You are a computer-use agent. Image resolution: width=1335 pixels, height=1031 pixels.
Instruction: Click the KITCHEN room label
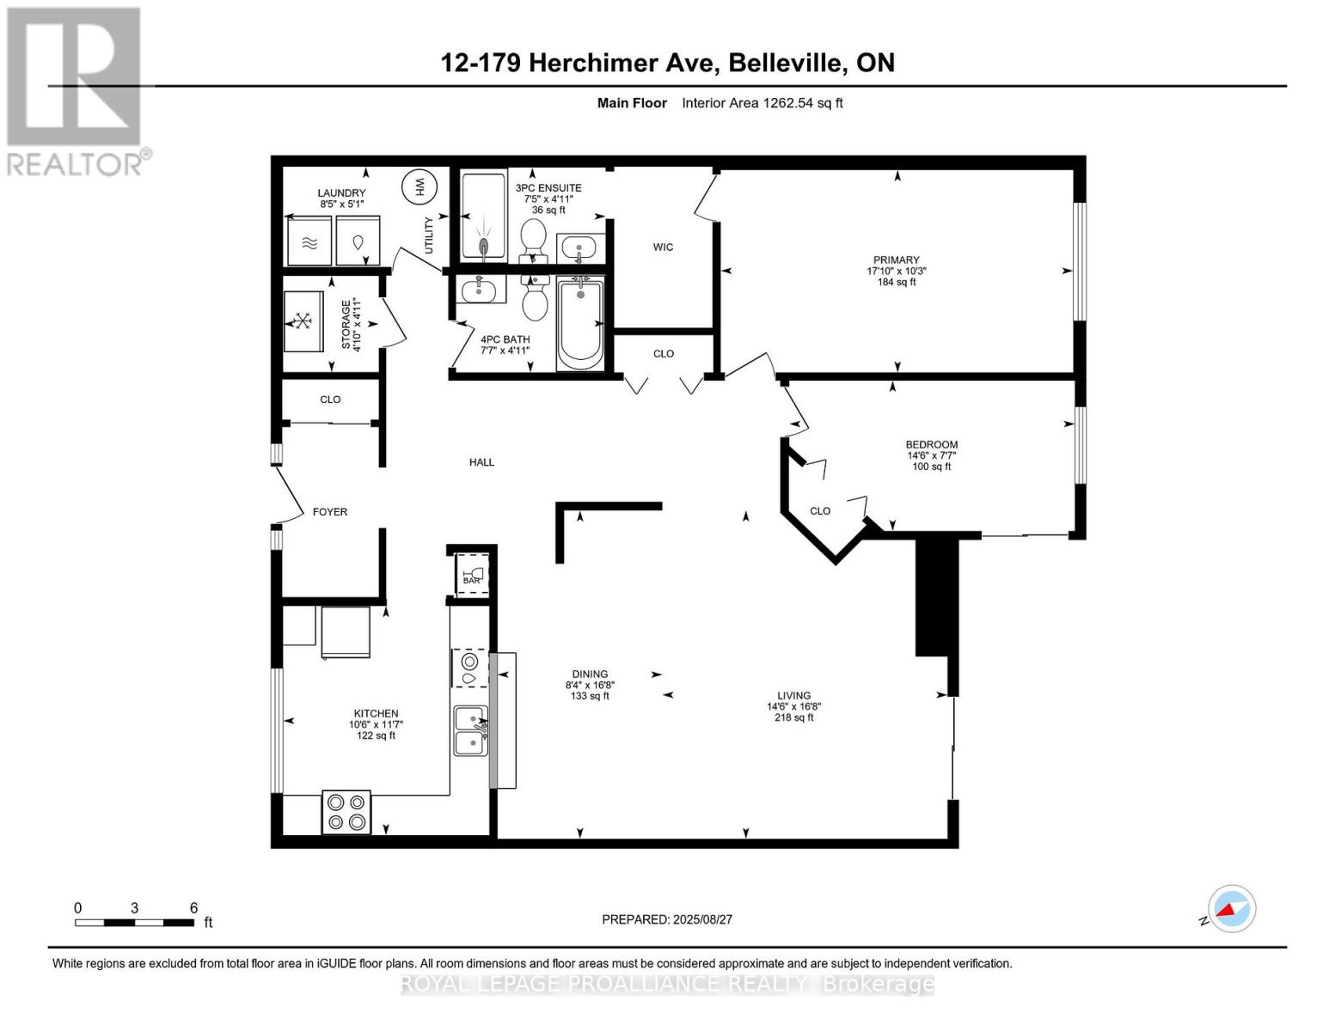click(x=376, y=713)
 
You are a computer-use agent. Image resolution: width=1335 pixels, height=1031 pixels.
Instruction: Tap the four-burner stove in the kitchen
click(x=346, y=812)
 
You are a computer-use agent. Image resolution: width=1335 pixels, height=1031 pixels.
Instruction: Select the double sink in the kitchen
click(x=470, y=731)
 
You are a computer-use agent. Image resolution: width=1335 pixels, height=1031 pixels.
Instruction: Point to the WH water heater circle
click(x=420, y=186)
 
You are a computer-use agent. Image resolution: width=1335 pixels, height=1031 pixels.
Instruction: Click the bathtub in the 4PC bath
click(x=580, y=322)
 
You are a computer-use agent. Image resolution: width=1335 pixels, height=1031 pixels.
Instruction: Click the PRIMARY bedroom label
click(x=896, y=259)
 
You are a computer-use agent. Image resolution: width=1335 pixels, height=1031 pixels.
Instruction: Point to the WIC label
click(x=663, y=247)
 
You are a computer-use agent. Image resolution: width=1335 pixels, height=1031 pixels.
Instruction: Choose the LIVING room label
click(x=793, y=696)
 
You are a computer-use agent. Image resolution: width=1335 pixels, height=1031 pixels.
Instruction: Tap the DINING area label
click(x=590, y=674)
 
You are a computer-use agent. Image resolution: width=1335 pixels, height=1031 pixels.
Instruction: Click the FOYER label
click(x=330, y=512)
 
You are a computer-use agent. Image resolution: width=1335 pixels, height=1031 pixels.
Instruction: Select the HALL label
click(x=481, y=462)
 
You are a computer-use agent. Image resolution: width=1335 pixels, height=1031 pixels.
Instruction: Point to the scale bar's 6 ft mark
click(x=193, y=909)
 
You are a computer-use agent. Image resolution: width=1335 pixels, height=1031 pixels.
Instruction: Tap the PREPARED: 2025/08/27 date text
click(x=667, y=919)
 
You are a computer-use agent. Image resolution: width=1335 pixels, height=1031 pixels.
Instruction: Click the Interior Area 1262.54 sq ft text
click(x=762, y=103)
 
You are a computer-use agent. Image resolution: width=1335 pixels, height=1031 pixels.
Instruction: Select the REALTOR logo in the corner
click(x=76, y=90)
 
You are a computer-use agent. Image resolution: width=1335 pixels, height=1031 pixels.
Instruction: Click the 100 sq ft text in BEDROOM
click(x=931, y=467)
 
